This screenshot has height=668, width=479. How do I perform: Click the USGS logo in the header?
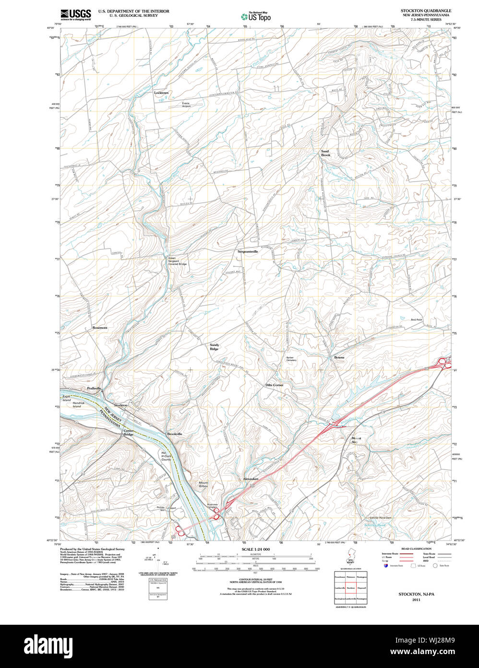pos(75,14)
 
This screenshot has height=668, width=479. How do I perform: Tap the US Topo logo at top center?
pos(256,16)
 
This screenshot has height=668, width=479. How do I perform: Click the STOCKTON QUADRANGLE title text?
pos(426,11)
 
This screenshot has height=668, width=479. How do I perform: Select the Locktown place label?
pos(161,93)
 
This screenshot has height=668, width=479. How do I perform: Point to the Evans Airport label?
pos(186,104)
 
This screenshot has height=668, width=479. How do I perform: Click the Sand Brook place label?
pos(326,153)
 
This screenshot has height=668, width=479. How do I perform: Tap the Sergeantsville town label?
pos(248,251)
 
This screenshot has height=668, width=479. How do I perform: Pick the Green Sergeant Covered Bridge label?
pos(177,261)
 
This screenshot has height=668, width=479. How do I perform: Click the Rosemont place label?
pos(100,328)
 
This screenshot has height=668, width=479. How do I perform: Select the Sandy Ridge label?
pos(214,347)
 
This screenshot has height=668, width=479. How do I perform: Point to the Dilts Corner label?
pos(275,385)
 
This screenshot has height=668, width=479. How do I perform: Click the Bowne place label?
pos(339,358)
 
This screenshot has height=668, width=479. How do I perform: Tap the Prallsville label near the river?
pos(95,388)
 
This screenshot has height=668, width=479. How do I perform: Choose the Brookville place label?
pos(175,434)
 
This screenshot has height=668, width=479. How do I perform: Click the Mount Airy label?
pos(356,440)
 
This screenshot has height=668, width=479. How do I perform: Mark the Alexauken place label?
pos(251,479)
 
